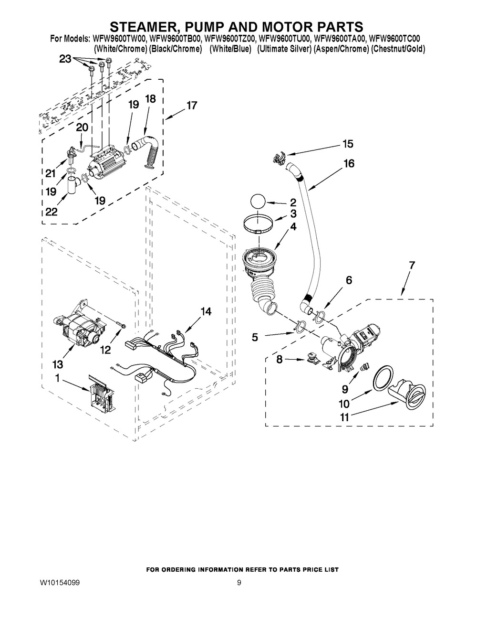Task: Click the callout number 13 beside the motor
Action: (58, 364)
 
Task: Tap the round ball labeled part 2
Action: (258, 202)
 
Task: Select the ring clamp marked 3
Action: (258, 224)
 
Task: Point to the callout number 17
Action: (192, 106)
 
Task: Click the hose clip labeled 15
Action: (278, 158)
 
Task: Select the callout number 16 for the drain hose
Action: (349, 163)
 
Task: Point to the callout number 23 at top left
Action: (65, 59)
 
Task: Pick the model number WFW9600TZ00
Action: (230, 38)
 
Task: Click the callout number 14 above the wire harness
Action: (206, 311)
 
